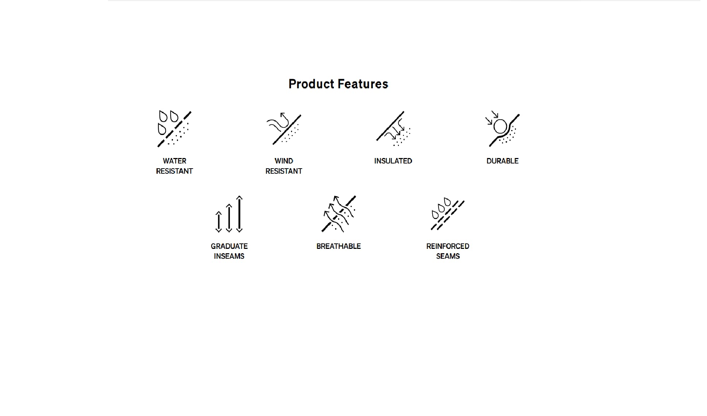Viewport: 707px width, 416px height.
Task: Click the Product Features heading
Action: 338,84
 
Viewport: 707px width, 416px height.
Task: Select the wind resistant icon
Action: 284,129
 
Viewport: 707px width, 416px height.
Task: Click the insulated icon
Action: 393,129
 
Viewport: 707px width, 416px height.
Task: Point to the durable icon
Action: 502,129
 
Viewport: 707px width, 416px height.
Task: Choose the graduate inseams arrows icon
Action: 229,214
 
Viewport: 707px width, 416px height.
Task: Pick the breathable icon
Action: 339,214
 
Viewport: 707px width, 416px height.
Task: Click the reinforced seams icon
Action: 448,214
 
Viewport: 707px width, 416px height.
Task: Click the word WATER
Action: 174,161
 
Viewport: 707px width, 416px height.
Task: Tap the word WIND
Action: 284,161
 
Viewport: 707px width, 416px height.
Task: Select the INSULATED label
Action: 393,161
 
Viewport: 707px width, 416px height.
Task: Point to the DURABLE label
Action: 502,161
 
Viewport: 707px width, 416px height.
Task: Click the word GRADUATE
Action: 229,246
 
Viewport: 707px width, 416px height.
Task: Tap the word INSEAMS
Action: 229,256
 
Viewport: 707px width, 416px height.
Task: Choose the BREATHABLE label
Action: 339,246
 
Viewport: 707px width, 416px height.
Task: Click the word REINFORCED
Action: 448,246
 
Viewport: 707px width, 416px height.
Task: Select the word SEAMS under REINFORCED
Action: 448,256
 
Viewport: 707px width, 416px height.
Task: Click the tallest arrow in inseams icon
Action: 239,214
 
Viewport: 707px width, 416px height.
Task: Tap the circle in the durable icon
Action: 500,127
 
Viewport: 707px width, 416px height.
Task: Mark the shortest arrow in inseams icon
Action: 219,222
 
